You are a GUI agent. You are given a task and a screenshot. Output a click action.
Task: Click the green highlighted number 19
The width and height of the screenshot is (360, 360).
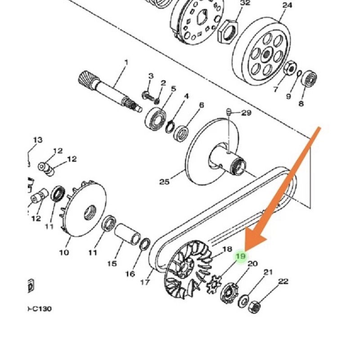point(241,256)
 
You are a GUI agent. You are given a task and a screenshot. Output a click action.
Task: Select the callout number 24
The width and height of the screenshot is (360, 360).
point(287,5)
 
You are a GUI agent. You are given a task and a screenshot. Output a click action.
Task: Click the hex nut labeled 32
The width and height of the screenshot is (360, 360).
point(228,32)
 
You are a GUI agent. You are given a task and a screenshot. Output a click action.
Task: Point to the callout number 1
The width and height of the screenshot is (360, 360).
point(126,63)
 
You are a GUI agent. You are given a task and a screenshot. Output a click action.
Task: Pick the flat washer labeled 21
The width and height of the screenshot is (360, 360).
point(243,301)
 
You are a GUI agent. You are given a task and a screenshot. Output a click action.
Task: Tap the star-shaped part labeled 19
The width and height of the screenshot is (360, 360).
point(213,285)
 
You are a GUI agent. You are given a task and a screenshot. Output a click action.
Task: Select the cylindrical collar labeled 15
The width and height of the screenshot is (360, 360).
point(127,234)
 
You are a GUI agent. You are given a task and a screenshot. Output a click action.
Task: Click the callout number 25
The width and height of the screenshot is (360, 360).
point(164,182)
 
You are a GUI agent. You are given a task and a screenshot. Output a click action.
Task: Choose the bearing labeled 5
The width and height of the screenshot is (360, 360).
point(156,118)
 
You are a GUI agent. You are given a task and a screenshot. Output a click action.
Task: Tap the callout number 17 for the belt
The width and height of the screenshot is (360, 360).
point(145,282)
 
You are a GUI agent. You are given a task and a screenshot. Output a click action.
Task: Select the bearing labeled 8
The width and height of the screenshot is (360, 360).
point(309,79)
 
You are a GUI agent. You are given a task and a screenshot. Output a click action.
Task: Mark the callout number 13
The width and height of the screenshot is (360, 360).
point(38,139)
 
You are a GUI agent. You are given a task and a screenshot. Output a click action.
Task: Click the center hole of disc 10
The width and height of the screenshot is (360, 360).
point(90,212)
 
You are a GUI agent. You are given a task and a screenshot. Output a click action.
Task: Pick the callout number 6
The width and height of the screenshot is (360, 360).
point(201,105)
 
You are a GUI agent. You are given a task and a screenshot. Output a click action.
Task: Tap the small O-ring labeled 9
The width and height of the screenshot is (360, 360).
point(299,73)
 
